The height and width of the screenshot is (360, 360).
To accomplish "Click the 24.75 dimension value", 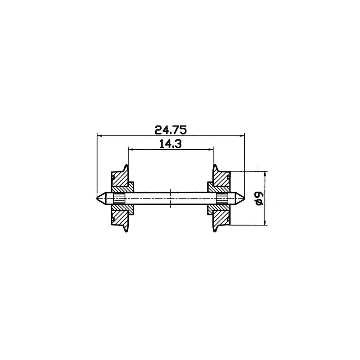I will coord(171,130).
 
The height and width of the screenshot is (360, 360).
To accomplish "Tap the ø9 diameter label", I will coord(258,198).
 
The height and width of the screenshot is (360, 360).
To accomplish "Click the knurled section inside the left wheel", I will coord(119,198).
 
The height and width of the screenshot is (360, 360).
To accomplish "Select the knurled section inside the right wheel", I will coord(222,198).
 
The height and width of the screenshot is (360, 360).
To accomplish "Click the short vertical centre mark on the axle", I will coord(171,198).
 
